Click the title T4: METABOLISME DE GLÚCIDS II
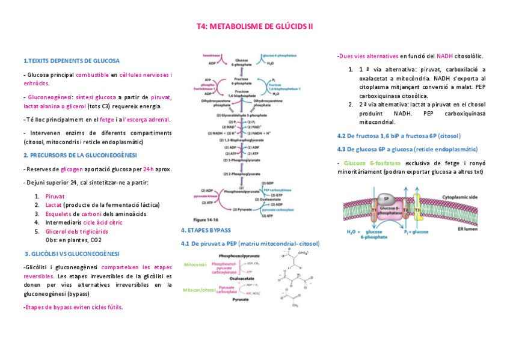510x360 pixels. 255,26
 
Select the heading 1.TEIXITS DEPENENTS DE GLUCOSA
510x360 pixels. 71,61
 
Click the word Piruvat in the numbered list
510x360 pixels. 55,196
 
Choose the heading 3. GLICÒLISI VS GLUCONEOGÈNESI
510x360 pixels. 72,253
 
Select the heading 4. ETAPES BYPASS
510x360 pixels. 206,230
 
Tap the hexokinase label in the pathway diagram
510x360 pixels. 210,53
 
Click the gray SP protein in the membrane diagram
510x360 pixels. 387,199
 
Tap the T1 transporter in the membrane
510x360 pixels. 373,210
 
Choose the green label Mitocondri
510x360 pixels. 195,264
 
